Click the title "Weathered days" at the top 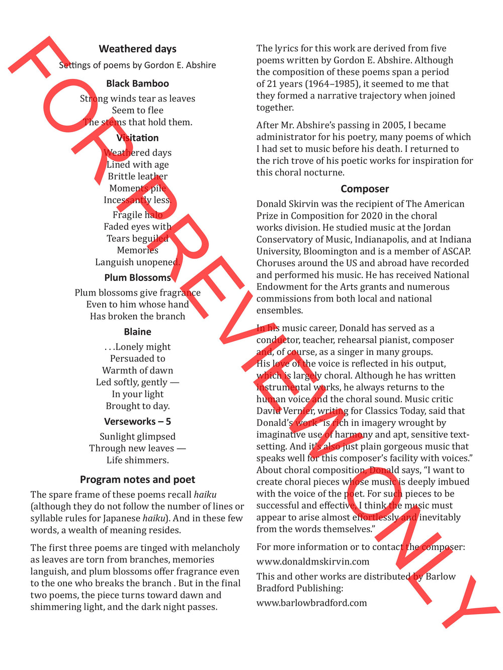pos(137,49)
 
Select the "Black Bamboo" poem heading pos(137,83)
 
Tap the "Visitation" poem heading pos(137,138)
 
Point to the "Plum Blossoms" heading pos(137,277)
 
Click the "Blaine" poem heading pos(137,332)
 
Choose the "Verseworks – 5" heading pos(137,421)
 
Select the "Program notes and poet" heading pos(137,480)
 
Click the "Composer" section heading pos(365,189)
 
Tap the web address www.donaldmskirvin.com pos(313,561)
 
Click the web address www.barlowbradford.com pos(312,603)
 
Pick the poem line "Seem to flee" pos(137,110)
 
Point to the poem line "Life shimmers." pos(137,460)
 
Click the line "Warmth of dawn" pos(137,370)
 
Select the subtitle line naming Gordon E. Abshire pos(137,65)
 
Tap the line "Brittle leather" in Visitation pos(137,176)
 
